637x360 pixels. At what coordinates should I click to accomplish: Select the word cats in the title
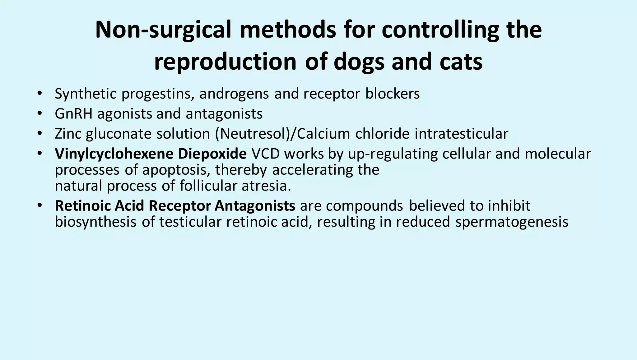[x=461, y=62]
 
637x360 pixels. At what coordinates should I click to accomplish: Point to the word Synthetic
[x=86, y=94]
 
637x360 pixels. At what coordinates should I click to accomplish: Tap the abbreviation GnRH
[x=73, y=114]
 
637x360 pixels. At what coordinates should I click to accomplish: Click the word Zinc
[x=68, y=134]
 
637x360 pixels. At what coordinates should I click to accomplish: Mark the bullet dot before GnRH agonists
[x=39, y=114]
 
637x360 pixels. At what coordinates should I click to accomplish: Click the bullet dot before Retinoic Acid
[x=39, y=206]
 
